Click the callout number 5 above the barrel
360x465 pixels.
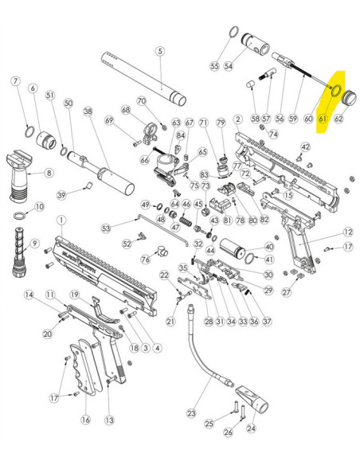coord(160,51)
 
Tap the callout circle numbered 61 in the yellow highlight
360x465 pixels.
coord(323,119)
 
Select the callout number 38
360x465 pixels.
coord(88,111)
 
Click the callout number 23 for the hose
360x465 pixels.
coord(192,412)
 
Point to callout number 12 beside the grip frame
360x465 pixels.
coord(348,232)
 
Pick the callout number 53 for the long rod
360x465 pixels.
coord(106,228)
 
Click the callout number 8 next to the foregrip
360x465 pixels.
coord(49,173)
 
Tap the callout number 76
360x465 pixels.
coord(145,260)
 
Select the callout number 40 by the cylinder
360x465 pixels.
coord(268,247)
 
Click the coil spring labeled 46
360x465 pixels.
coord(186,221)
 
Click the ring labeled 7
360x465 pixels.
coord(29,131)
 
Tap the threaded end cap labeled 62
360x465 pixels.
coord(350,98)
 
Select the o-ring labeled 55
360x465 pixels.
coord(234,31)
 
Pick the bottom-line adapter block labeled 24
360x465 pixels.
coord(252,399)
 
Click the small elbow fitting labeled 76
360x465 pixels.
coord(162,251)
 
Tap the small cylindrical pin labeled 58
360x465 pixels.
coord(251,84)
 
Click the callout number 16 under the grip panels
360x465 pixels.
coord(86,420)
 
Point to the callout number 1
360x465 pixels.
coord(61,221)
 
